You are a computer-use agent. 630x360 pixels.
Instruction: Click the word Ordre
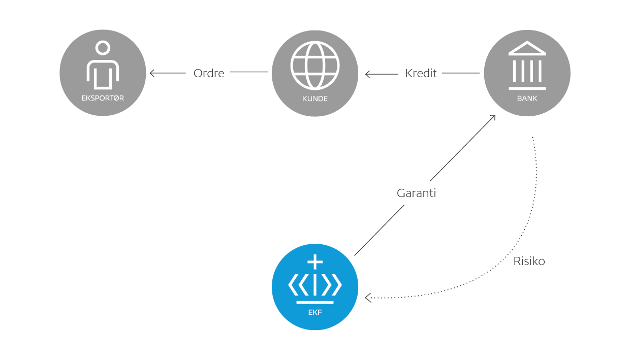coord(209,73)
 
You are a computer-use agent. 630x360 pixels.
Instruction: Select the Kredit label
coord(421,73)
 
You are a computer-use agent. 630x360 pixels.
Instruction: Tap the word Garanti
coord(416,193)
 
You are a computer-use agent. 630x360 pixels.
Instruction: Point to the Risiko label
coord(529,261)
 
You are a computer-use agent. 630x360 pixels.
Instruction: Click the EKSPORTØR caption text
coord(103,99)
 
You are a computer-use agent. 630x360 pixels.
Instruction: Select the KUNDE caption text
coord(314,99)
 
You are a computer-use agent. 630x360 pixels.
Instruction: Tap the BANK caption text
coord(527,99)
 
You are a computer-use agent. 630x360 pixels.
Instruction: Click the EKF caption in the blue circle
coord(315,312)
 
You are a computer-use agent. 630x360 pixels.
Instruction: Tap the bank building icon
coord(527,63)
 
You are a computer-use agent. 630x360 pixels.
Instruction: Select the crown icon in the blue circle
coord(315,282)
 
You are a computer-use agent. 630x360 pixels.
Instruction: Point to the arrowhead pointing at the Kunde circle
coord(367,75)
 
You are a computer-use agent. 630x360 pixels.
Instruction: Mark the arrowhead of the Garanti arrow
coord(493,117)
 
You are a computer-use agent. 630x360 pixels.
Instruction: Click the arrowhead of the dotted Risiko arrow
coord(368,298)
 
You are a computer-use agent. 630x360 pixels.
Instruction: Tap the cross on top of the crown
coord(316,262)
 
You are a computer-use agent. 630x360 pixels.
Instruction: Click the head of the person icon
coord(103,48)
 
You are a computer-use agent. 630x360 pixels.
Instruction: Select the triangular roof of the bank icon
coord(527,49)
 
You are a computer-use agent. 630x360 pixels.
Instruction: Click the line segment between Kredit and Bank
coord(461,73)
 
